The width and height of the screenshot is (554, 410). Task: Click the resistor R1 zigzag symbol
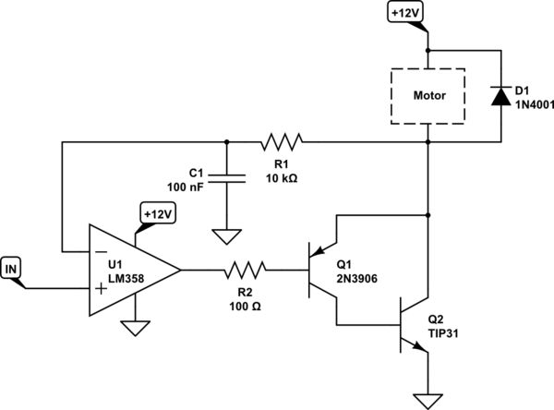[x=282, y=142]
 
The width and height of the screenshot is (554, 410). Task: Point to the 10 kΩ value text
[x=282, y=178]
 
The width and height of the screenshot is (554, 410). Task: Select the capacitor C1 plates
[x=225, y=179]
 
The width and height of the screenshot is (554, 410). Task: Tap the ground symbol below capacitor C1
[x=225, y=237]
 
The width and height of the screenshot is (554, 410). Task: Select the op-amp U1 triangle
[x=129, y=271]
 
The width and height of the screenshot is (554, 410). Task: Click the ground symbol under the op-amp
[x=136, y=327]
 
